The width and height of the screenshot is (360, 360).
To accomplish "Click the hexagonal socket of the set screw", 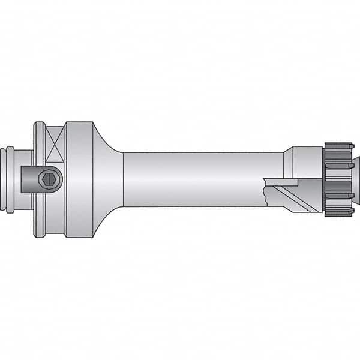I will pos(49,179).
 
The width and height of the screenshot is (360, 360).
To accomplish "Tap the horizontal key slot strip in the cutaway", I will pos(282,182).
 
